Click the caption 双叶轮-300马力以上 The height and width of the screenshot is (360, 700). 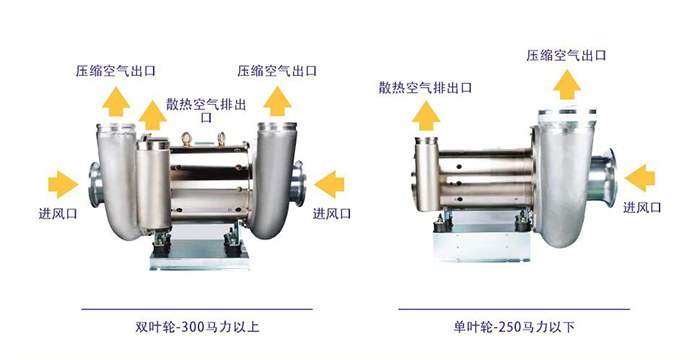197,327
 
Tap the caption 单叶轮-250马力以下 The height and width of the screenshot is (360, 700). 513,327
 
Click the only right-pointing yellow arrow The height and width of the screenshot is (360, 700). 63,184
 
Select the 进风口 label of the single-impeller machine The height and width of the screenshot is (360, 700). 642,207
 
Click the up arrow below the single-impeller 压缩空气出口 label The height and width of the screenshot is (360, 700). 567,85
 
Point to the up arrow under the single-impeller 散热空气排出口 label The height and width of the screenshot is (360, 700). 426,116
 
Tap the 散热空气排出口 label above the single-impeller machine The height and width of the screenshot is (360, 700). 425,88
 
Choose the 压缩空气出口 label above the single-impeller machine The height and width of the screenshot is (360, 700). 566,55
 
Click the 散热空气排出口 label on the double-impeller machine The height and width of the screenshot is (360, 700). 206,110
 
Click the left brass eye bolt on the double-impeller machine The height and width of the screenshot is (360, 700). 187,139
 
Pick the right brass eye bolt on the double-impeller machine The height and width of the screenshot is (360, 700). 221,139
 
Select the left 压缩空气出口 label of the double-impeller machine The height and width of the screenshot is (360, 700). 116,71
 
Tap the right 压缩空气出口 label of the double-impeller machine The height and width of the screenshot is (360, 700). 277,71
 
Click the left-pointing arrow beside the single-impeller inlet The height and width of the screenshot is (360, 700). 640,178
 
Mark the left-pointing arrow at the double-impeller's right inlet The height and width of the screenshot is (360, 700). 329,184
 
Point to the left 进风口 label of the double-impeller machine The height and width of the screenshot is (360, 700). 58,213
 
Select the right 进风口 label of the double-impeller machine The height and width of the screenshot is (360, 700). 331,213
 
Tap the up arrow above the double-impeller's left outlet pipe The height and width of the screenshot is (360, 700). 116,102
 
